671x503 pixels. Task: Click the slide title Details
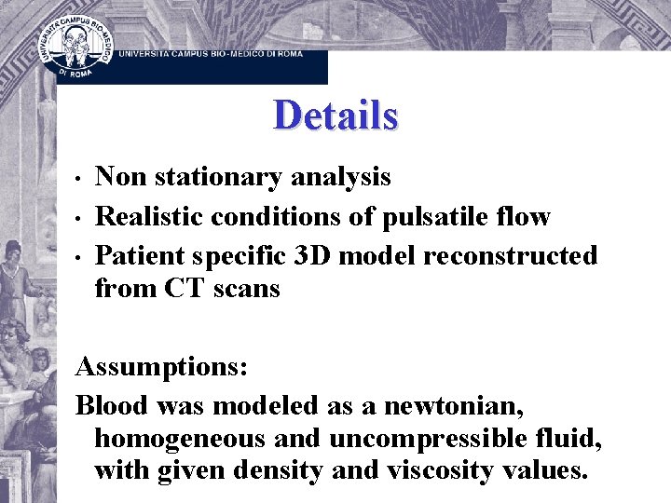click(x=335, y=116)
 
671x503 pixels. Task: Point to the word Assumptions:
click(x=161, y=367)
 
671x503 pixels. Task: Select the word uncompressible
click(x=432, y=438)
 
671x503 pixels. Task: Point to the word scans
click(x=247, y=290)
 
